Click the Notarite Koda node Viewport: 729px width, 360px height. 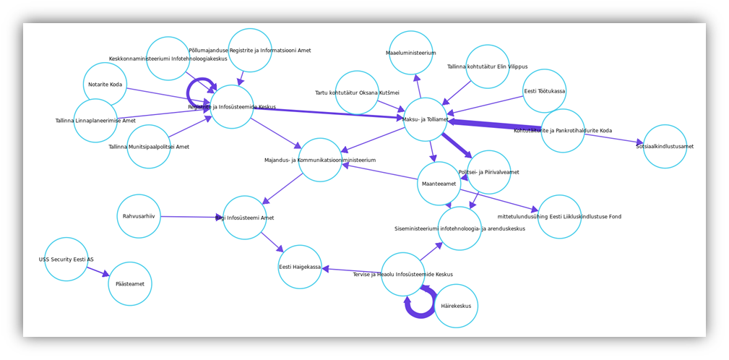tap(105, 85)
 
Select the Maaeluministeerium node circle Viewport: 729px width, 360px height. tap(411, 53)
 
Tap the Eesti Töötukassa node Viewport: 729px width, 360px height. tap(544, 91)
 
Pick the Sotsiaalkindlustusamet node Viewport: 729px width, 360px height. tap(665, 146)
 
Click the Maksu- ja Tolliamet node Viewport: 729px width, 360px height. tap(425, 119)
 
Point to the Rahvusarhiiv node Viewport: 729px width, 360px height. tap(139, 216)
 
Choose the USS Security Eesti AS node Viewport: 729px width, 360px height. tap(66, 259)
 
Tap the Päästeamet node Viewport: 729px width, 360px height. tap(130, 284)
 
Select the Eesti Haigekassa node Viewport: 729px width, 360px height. tap(300, 267)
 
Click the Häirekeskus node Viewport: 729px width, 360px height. tap(456, 306)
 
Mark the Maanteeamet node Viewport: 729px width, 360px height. tap(439, 184)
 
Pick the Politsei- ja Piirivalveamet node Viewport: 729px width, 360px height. tap(489, 172)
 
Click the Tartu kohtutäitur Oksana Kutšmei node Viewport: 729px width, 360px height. tap(357, 93)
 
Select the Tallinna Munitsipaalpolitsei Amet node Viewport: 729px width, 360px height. tap(149, 147)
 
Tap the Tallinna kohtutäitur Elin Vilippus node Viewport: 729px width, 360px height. tap(488, 67)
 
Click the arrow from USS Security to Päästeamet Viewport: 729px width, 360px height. tap(98, 271)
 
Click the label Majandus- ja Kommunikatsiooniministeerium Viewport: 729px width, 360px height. tap(320, 160)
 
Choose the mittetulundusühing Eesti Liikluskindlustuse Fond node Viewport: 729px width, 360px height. tap(559, 216)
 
